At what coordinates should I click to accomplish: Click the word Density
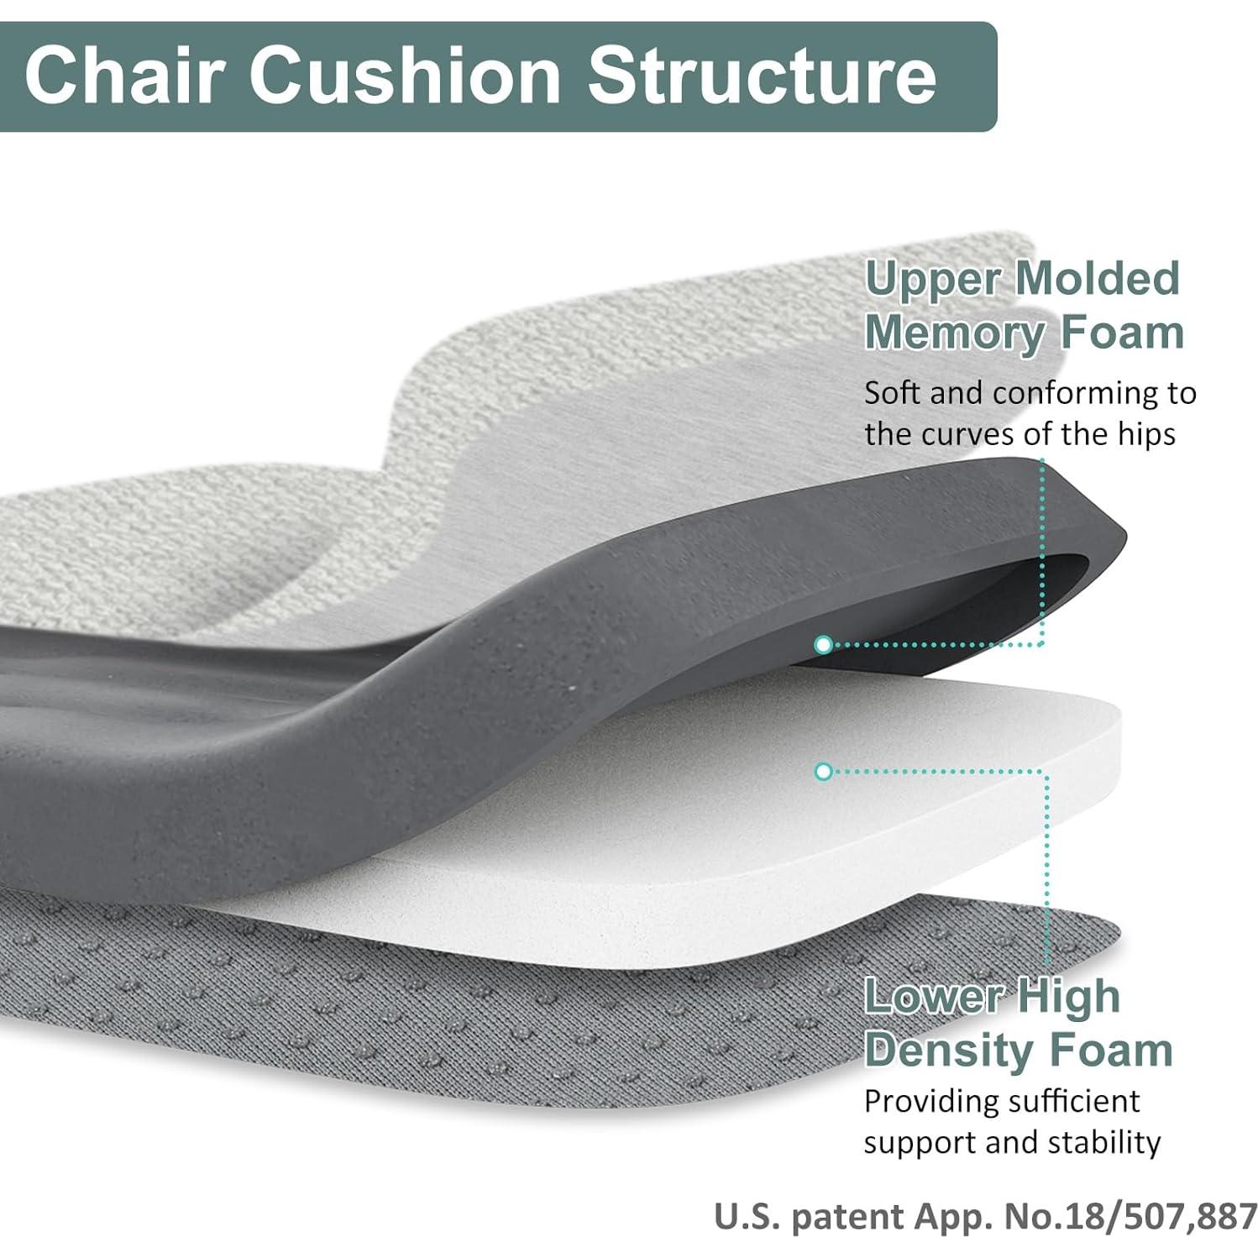[954, 1051]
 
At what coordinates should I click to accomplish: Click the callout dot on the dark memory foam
[823, 644]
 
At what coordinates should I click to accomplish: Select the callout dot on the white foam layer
[823, 771]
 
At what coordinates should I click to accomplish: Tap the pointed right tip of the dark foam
[1126, 531]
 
